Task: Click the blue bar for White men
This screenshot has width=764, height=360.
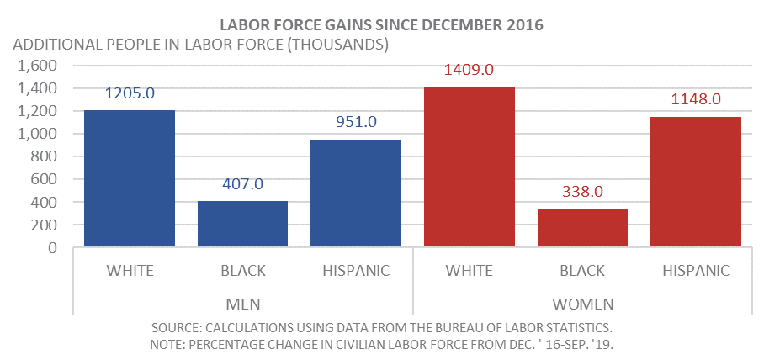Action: (129, 179)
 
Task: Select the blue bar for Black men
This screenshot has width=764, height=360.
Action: (242, 225)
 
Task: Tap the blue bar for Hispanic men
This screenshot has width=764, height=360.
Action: (355, 193)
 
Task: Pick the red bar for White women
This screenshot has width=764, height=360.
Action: (469, 167)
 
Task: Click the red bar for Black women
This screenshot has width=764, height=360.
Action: (582, 229)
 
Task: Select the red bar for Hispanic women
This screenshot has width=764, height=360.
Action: (695, 183)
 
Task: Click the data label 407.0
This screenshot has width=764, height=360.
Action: (242, 184)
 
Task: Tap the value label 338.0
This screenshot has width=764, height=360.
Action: (582, 192)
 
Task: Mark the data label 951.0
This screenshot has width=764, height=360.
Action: (355, 122)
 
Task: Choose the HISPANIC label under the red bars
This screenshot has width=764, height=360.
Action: (695, 271)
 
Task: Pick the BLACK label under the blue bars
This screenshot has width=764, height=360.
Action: (242, 271)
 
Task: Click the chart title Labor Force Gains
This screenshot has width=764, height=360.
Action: (381, 24)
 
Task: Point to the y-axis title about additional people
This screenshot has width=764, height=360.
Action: (200, 45)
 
